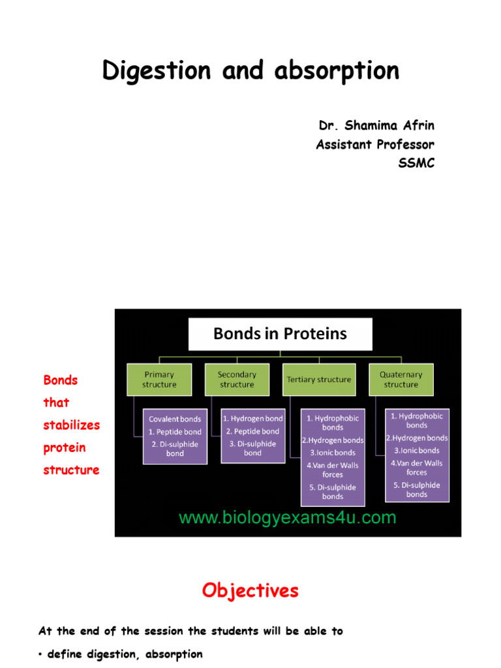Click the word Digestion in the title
tap(157, 70)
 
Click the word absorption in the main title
tap(337, 70)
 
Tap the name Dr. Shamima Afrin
tap(376, 125)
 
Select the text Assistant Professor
tap(375, 144)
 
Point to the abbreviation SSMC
tap(416, 162)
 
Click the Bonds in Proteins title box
tap(281, 334)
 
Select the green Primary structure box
tap(159, 380)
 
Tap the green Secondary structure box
tap(237, 380)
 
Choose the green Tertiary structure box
tap(319, 380)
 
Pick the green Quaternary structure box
tap(401, 380)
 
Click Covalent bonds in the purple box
tap(175, 419)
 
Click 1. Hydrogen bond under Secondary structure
tap(253, 419)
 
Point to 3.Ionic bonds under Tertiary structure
tap(333, 453)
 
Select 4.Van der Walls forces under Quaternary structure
tap(417, 467)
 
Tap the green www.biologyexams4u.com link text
tap(288, 517)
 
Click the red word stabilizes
tap(72, 425)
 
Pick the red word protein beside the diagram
tap(65, 448)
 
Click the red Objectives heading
tap(250, 591)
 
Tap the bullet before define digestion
tap(40, 655)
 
